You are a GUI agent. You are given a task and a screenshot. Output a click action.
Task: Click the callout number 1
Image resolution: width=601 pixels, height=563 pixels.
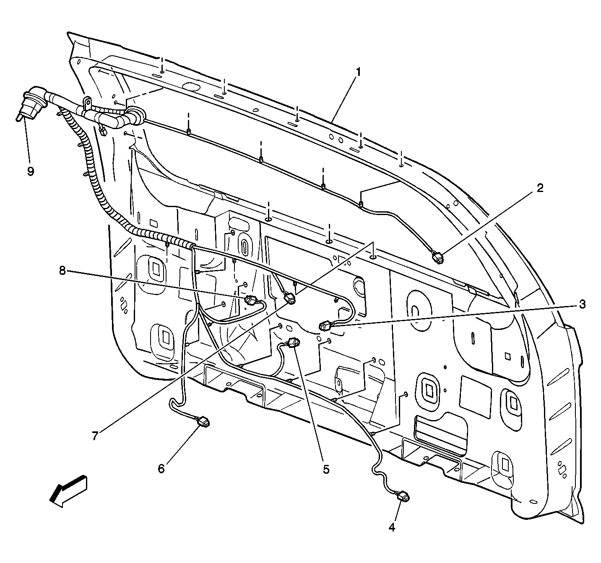click(358, 72)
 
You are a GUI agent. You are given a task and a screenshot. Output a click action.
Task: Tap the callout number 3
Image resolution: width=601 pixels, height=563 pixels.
click(582, 305)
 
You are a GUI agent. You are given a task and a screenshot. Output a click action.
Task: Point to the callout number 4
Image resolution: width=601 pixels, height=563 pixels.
click(392, 528)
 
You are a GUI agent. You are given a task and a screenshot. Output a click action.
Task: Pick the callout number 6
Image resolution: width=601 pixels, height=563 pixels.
click(161, 468)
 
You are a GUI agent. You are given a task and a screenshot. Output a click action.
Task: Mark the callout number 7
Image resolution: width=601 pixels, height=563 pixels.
click(95, 436)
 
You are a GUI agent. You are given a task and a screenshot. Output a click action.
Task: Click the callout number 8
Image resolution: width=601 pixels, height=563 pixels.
click(62, 271)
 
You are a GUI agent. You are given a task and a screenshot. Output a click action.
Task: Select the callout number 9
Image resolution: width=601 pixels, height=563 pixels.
click(31, 171)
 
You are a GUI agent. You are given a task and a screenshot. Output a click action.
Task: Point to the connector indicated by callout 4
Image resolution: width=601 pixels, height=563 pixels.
click(404, 497)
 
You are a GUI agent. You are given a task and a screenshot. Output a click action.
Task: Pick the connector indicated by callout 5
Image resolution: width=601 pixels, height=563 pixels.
click(294, 342)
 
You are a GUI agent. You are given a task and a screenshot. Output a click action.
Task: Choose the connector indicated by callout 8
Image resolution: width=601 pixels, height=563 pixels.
click(250, 300)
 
